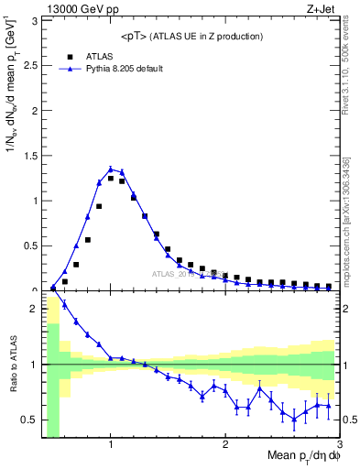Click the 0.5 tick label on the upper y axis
pos(29,245)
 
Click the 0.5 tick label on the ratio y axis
pos(29,420)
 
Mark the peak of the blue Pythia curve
pos(111,169)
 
